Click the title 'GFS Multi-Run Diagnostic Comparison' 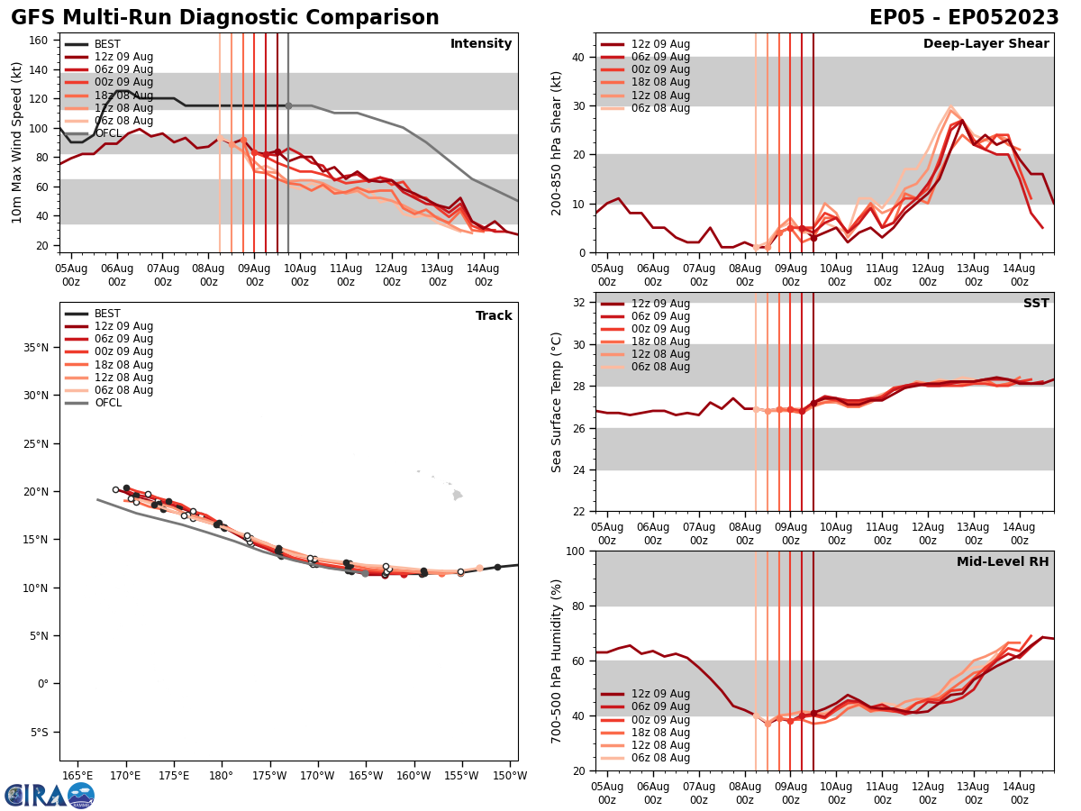224,18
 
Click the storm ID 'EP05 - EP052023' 964,18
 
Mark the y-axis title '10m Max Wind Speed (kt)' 17,142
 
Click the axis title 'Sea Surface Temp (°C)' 557,402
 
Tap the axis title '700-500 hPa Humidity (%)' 557,661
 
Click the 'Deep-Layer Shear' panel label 986,44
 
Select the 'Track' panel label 494,315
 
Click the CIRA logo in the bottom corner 50,796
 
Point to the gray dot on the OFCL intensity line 288,105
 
